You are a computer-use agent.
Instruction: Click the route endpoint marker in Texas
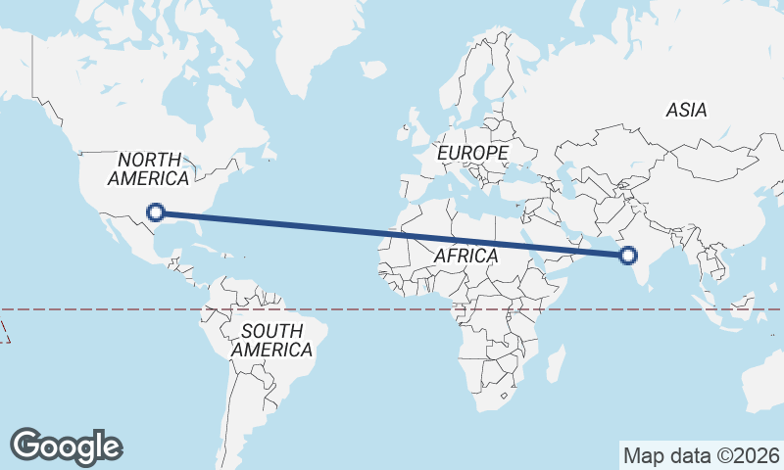155,211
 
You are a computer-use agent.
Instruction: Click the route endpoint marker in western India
627,256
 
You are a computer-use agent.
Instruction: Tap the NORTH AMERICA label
149,168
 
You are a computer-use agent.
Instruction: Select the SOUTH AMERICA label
271,340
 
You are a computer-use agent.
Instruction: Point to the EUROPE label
472,154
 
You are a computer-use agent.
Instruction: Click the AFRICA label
465,256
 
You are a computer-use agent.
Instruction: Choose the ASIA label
686,111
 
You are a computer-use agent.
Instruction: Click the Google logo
66,446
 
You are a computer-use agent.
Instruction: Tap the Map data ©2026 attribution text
701,455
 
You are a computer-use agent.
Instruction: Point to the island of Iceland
373,69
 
